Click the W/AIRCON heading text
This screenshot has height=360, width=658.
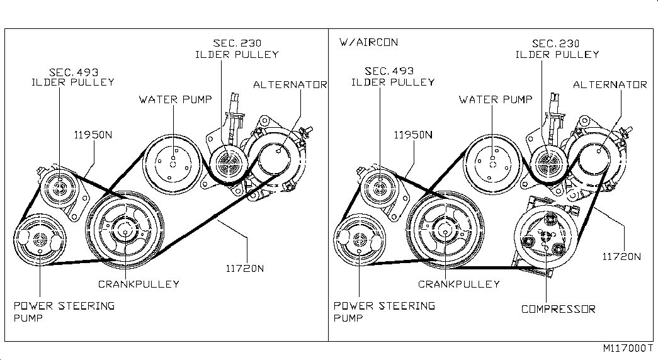coord(368,43)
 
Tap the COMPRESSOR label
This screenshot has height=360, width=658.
coord(558,309)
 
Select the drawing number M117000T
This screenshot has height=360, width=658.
coord(628,348)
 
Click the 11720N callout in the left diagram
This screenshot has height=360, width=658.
coord(244,267)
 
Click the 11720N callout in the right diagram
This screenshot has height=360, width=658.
coord(621,256)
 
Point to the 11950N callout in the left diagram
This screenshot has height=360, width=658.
coord(94,135)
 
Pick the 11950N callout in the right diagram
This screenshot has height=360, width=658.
coord(413,135)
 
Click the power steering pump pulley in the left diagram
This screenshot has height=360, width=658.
coord(40,240)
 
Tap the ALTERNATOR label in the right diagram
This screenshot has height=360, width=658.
coord(610,85)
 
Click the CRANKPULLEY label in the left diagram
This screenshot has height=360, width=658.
coord(139,284)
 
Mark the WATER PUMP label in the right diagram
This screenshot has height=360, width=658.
coord(496,99)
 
